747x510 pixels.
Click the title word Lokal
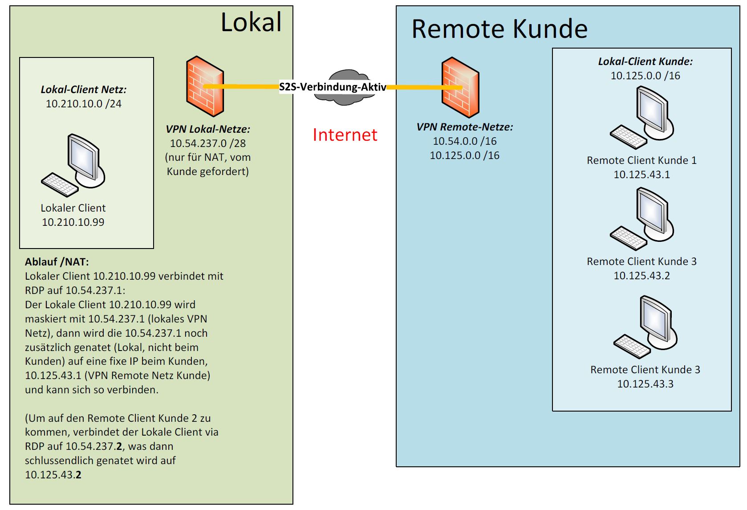coord(251,22)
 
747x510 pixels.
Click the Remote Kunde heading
coord(499,29)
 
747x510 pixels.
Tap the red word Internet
coord(345,135)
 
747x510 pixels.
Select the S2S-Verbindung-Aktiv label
coord(332,87)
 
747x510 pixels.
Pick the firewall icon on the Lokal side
coord(205,86)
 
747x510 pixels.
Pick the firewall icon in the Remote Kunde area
coord(460,87)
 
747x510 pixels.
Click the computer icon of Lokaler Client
coord(73,165)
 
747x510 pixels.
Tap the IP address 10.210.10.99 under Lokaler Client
coord(73,222)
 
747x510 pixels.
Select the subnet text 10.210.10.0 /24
coord(84,104)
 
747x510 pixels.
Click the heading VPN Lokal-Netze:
coord(208,129)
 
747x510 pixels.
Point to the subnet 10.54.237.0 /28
coord(207,143)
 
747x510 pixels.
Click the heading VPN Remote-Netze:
coord(464,127)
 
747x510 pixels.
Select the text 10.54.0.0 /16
coord(464,141)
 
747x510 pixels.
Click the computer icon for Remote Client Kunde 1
coord(641,118)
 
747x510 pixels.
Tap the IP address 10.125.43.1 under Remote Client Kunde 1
coord(641,175)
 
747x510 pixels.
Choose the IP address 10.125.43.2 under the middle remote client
coord(641,276)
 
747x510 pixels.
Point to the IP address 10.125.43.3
coord(645,384)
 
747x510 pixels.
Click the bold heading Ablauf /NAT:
coord(57,262)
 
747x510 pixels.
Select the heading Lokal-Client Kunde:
coord(645,61)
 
